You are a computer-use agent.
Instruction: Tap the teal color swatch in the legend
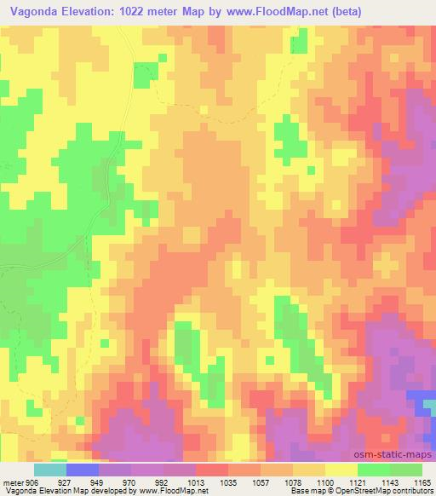coord(49,469)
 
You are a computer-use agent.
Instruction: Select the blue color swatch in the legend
coord(83,469)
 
